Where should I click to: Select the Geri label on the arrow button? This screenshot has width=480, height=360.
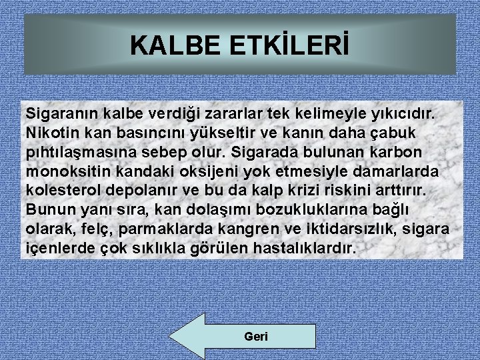256,337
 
